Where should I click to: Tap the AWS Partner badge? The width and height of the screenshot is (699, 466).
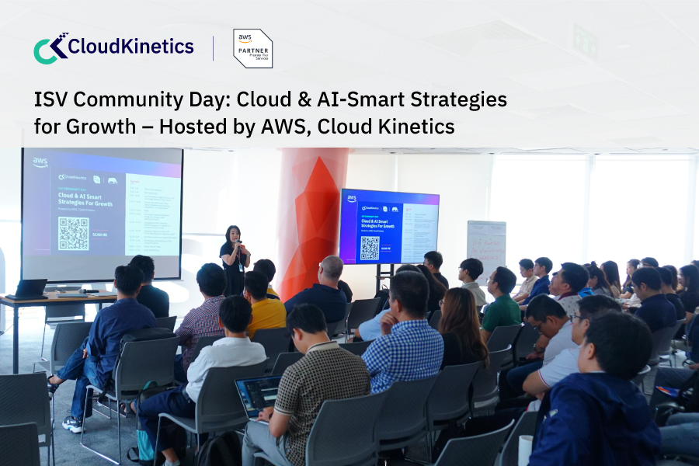click(253, 48)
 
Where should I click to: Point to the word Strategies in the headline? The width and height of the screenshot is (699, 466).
click(444, 100)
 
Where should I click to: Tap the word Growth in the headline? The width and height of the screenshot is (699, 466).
click(105, 126)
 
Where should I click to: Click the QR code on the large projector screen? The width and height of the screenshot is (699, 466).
click(73, 233)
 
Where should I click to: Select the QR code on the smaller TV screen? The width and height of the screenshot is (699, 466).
click(370, 247)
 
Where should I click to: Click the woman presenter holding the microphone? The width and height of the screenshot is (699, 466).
click(233, 256)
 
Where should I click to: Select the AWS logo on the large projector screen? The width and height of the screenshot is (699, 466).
click(40, 163)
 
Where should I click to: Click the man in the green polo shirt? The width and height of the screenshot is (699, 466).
click(501, 303)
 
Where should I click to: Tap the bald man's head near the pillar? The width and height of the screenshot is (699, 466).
click(332, 269)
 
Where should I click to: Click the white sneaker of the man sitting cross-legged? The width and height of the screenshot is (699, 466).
click(71, 424)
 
